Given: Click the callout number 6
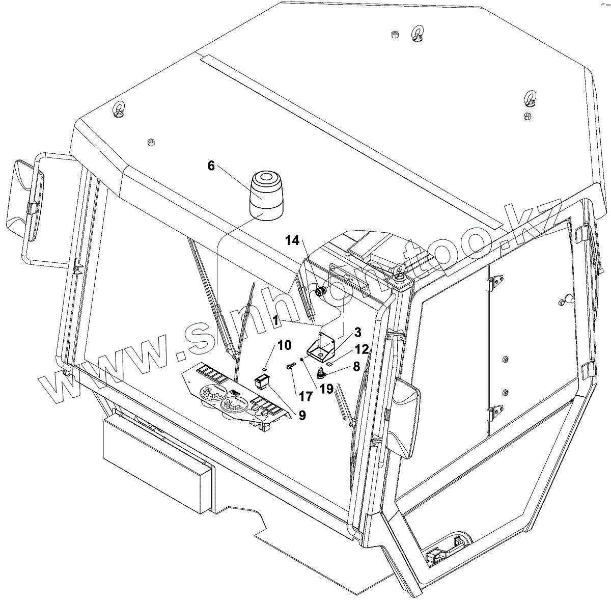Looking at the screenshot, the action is click(211, 166).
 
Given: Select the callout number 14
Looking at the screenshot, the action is click(292, 240).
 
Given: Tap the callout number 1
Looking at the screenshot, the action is click(276, 320).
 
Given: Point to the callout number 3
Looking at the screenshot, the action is click(357, 333).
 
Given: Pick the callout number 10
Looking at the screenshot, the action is click(285, 345).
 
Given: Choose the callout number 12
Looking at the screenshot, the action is click(363, 349).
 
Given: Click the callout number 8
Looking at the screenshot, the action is click(356, 367).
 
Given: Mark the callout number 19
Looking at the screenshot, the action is click(326, 389).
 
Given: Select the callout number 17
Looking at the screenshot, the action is click(306, 396).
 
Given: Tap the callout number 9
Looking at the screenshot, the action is click(302, 415).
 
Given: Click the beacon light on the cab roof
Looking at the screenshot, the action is click(266, 196).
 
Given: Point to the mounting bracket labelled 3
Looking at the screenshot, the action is click(321, 348).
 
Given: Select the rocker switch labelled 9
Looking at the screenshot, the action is click(262, 381).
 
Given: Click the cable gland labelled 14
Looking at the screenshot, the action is click(321, 291).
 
